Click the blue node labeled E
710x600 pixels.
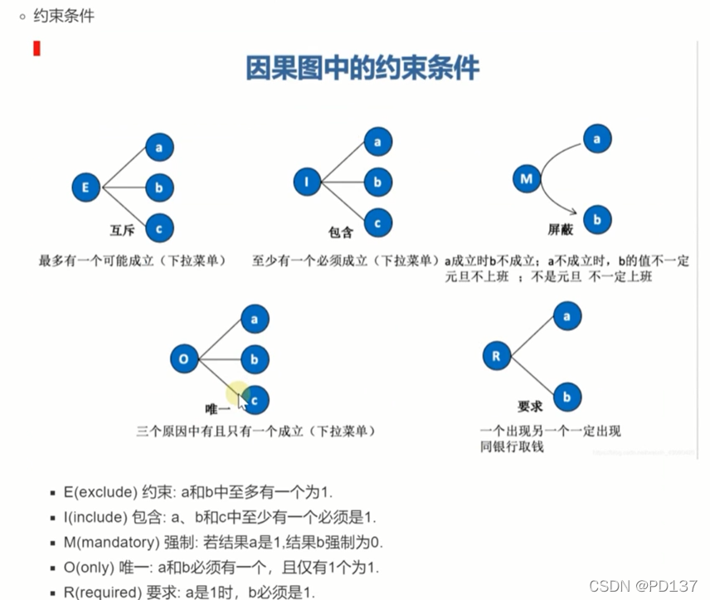pos(85,187)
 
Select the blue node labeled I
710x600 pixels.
pos(307,181)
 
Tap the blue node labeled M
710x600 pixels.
pos(527,178)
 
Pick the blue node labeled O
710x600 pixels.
pos(185,359)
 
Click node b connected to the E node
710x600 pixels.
pos(159,187)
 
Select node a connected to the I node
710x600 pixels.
pos(378,143)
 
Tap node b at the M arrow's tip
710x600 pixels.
pos(594,219)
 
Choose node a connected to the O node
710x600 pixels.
pos(255,319)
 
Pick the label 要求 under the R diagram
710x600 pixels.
pos(530,407)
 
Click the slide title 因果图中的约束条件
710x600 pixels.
pos(362,68)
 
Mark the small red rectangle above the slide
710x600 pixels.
pos(36,48)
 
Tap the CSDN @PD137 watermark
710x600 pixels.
pos(643,586)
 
